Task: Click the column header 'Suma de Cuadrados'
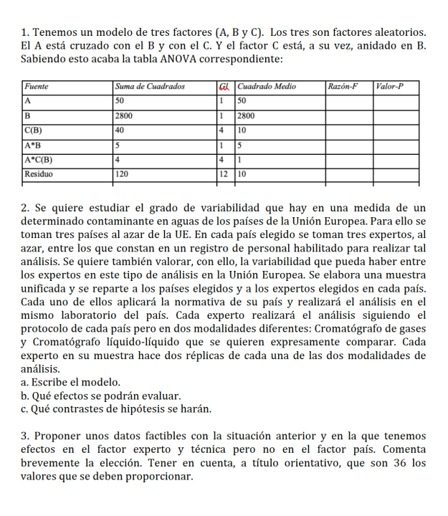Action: [x=150, y=87]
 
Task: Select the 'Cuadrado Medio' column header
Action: [x=266, y=87]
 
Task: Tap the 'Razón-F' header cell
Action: [x=343, y=87]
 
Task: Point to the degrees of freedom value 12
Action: [x=224, y=173]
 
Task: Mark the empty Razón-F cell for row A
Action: [x=349, y=101]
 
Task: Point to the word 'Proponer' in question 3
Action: [x=57, y=436]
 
